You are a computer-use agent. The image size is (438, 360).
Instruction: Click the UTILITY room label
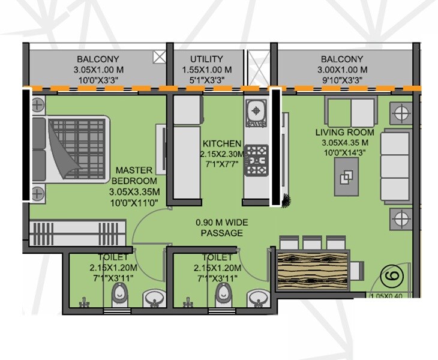tap(206, 59)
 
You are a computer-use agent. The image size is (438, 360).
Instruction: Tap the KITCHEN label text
tap(222, 144)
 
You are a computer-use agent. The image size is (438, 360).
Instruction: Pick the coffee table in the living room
tap(347, 178)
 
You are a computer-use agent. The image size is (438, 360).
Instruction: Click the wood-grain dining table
tap(313, 269)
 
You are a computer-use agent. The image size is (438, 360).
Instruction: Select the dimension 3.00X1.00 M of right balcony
tap(341, 70)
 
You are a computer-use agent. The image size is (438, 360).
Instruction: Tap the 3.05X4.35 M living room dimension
tap(345, 143)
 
